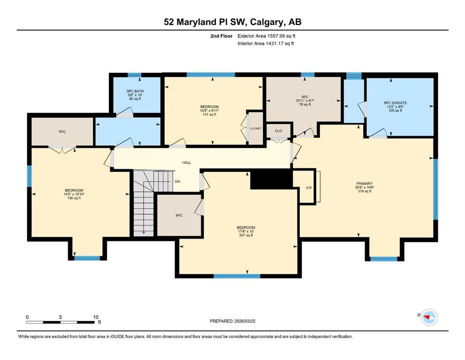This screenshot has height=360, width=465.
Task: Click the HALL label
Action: point(186,163)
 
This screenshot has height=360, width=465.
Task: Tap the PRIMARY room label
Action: point(364,184)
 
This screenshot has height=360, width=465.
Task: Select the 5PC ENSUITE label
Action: point(395,103)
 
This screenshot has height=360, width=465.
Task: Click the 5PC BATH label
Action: point(135,91)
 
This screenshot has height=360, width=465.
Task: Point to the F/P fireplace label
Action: point(309,188)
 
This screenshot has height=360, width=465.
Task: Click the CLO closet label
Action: point(279,131)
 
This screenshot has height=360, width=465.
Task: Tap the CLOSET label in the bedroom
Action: point(256,128)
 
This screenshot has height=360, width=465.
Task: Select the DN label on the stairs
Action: point(177,181)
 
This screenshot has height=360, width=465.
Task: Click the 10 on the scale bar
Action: point(96,317)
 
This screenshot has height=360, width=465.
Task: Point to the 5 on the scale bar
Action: point(60,317)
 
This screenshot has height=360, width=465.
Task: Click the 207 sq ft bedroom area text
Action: point(246,235)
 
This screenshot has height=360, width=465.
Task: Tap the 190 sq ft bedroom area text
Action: point(74,198)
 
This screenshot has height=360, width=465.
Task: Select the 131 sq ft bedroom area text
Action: point(210,114)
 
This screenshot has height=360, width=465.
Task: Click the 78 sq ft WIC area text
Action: point(305,105)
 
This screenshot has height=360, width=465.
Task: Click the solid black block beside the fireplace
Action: point(271,179)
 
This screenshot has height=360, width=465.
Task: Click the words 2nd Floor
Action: point(221,36)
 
